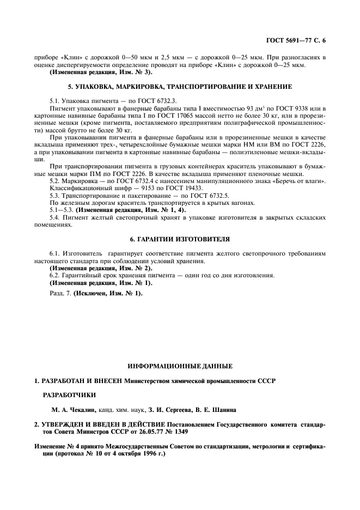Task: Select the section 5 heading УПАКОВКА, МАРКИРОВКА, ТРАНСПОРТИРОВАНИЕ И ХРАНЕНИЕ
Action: coord(180,87)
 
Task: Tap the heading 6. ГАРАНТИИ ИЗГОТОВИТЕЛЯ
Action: coord(180,239)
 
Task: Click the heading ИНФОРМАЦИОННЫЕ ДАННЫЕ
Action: coord(180,366)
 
